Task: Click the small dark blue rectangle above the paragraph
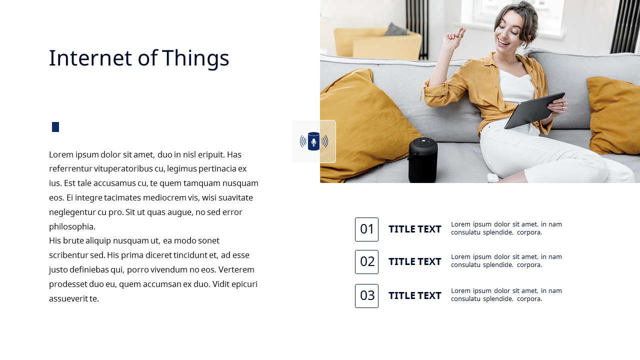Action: [x=55, y=127]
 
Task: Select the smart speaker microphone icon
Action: [x=314, y=141]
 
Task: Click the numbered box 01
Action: [x=366, y=229]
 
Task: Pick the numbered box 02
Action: [x=366, y=262]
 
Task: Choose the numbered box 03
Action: [x=366, y=296]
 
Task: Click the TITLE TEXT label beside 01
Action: [x=414, y=229]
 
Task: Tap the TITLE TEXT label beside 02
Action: [x=414, y=262]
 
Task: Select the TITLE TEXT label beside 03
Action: [x=414, y=296]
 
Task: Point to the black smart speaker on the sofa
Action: [x=423, y=159]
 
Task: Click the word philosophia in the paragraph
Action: [x=72, y=226]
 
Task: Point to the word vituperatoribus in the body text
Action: [x=127, y=169]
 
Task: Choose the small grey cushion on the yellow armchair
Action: [x=396, y=29]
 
